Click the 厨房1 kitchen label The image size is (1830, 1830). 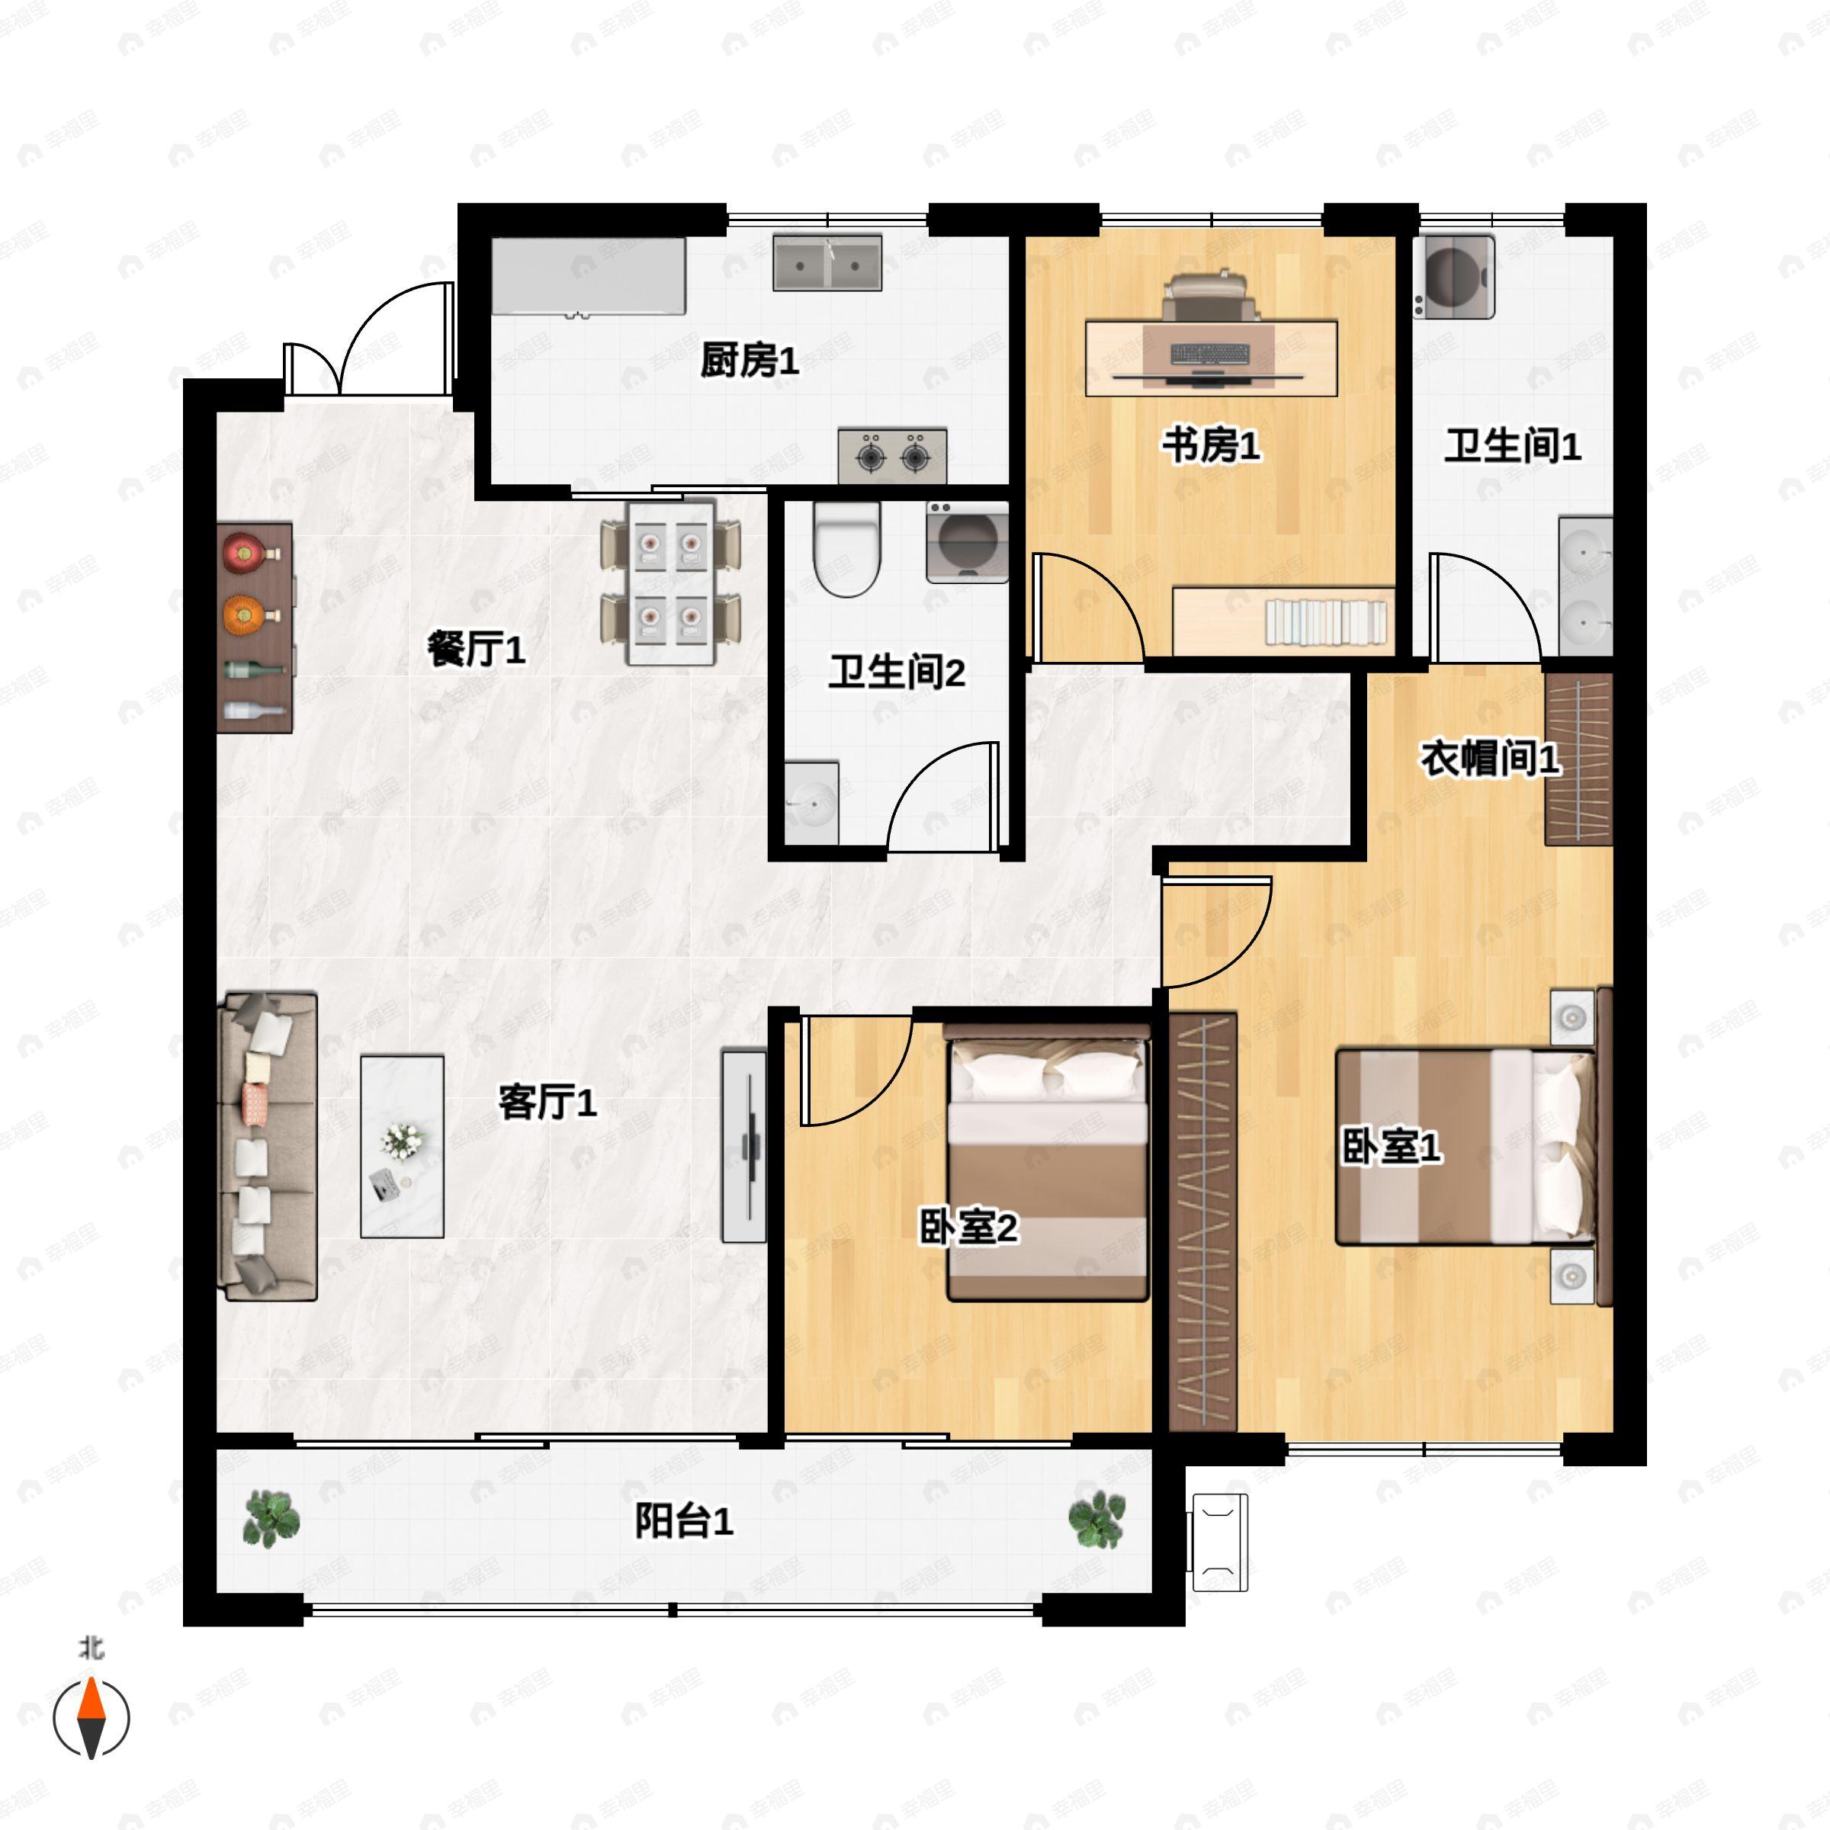click(x=750, y=361)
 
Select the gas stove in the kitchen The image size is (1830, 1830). click(x=892, y=456)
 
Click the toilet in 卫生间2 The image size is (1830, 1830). click(x=847, y=549)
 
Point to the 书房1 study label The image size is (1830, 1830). click(x=1212, y=445)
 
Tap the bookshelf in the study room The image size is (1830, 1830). click(x=1325, y=622)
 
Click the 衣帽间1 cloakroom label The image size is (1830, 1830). click(x=1490, y=759)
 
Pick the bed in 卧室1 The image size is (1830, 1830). click(x=1463, y=1146)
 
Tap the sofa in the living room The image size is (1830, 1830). click(x=267, y=1146)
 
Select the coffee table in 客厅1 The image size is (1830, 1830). click(x=402, y=1146)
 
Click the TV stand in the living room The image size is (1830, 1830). click(x=743, y=1145)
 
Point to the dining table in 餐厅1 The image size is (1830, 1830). click(x=671, y=583)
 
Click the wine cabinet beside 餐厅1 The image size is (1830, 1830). click(x=254, y=627)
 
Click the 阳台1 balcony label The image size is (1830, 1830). click(x=683, y=1522)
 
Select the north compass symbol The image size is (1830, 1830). click(x=91, y=1716)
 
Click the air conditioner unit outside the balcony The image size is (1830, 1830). click(x=1218, y=1542)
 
